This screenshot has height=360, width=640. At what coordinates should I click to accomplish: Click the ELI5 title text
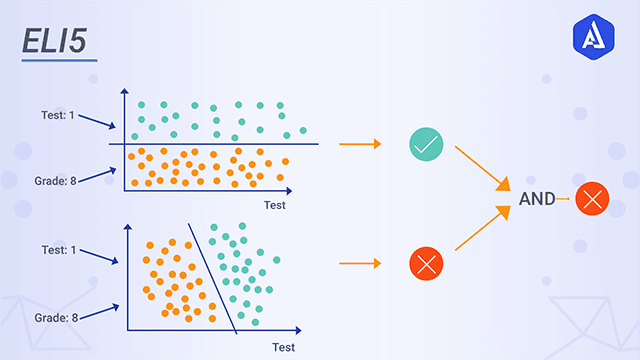(56, 42)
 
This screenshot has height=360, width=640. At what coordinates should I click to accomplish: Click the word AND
(537, 198)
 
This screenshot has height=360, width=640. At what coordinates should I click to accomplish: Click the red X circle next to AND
(593, 199)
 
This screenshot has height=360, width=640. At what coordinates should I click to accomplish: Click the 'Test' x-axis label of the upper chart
(275, 206)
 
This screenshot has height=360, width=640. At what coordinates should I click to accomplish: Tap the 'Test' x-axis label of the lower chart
(284, 347)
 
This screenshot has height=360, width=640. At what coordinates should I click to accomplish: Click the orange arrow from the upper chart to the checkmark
(360, 145)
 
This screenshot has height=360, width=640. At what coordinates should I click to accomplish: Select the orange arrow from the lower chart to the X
(360, 264)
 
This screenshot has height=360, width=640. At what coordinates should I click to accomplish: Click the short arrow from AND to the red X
(563, 199)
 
